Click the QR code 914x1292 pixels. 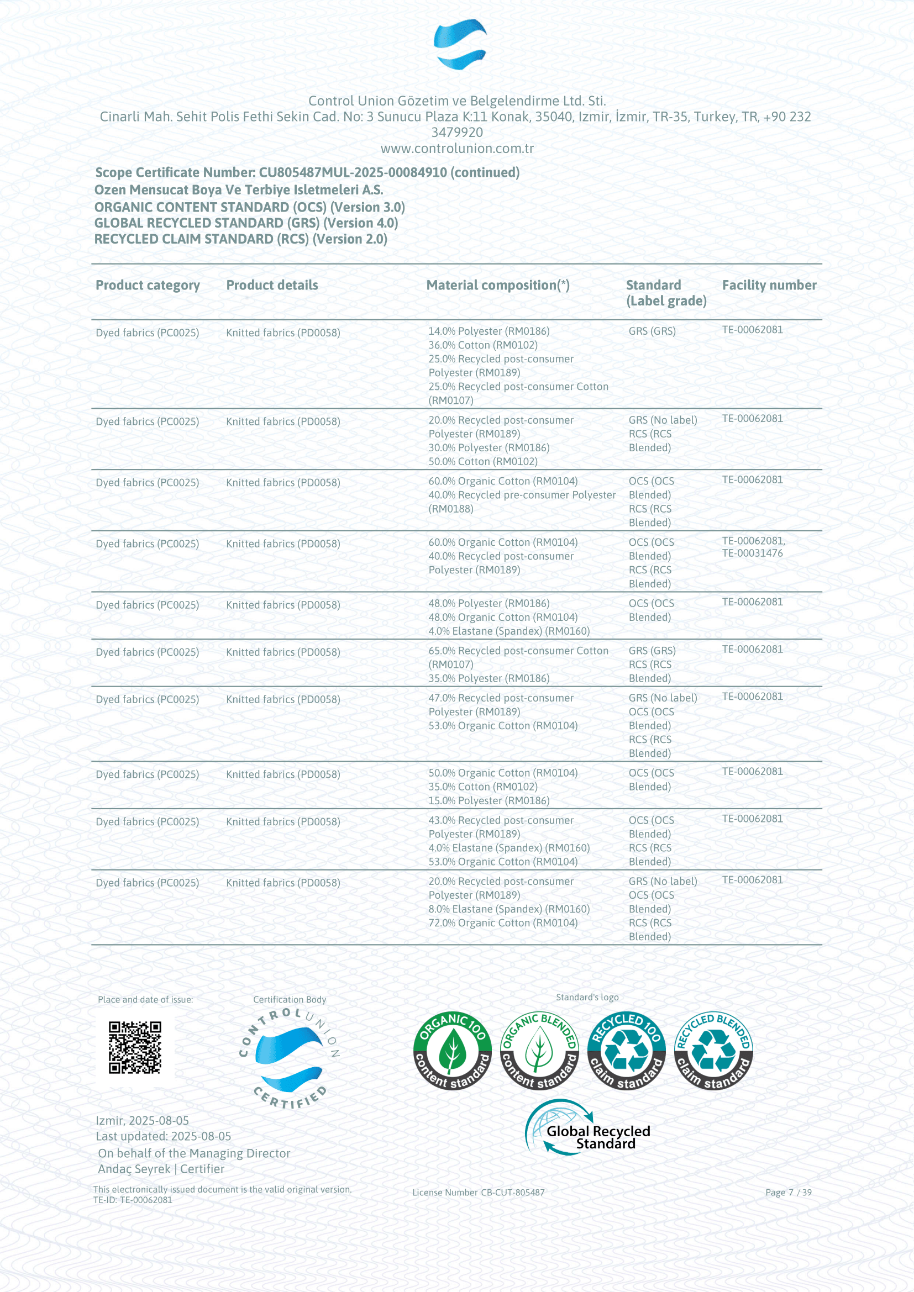tap(134, 1047)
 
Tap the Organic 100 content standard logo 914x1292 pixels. tap(452, 1051)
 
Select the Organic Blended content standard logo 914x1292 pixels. tap(539, 1051)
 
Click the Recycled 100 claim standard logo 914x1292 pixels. tap(627, 1051)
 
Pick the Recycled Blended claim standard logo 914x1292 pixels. tap(713, 1051)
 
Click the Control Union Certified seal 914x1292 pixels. tap(289, 1058)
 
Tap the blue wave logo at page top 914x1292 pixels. tap(460, 44)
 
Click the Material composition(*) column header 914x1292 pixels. tap(497, 285)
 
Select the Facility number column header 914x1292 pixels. tap(769, 285)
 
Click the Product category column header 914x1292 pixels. tap(148, 285)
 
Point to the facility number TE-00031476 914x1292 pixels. tap(753, 553)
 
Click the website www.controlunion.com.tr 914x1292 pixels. tap(457, 149)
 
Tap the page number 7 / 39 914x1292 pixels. tap(788, 1193)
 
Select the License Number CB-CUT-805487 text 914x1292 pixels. tap(479, 1193)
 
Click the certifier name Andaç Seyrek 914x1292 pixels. tap(134, 1169)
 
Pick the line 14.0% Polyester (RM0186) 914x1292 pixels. tap(488, 331)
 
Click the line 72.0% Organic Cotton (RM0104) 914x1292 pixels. tap(502, 923)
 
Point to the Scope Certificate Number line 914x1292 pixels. tap(307, 173)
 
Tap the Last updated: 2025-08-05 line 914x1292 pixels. tap(163, 1136)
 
